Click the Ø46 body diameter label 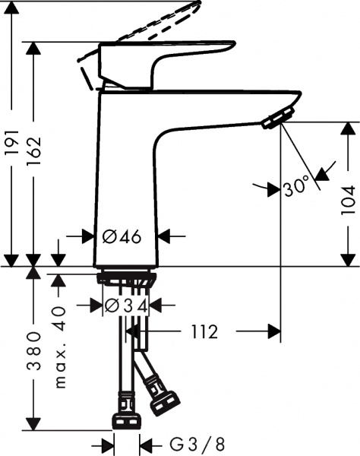pyautogui.click(x=122, y=237)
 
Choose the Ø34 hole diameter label pyautogui.click(x=125, y=306)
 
